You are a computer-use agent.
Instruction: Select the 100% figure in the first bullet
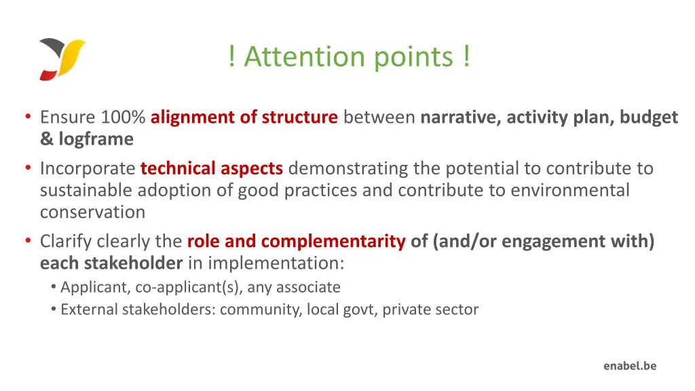123,117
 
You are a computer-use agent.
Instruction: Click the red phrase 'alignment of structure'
244,117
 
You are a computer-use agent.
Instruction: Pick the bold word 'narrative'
459,117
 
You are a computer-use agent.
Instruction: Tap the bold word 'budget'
648,117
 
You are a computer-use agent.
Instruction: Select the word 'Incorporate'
88,168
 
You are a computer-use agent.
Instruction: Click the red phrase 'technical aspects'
211,168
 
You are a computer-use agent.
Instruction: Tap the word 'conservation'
92,212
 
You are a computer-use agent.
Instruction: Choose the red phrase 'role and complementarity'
296,241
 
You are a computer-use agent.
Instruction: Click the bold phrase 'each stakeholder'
111,263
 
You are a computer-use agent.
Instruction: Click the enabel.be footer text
630,366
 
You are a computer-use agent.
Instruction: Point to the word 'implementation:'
275,263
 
